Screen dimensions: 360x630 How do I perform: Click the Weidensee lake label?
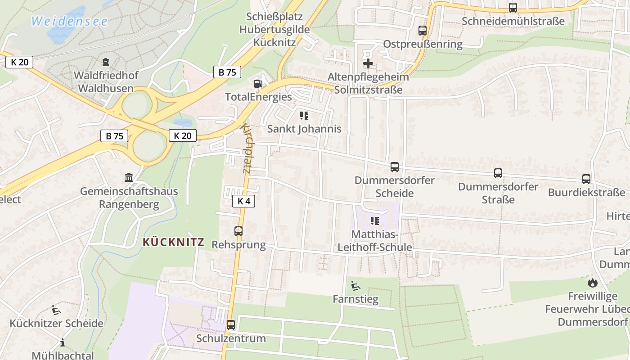70,21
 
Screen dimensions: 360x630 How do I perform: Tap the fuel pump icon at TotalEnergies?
258,83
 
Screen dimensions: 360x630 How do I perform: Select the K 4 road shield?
243,201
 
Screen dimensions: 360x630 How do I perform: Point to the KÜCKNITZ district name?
173,242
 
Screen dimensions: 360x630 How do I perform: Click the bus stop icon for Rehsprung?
238,231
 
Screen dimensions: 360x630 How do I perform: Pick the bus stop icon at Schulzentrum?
231,324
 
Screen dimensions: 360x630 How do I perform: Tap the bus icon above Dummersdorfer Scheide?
395,167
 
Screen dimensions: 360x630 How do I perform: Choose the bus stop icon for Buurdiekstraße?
586,179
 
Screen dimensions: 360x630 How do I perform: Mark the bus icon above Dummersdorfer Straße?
498,173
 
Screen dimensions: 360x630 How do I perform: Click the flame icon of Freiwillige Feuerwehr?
592,283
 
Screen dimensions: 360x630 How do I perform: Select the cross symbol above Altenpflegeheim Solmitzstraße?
368,63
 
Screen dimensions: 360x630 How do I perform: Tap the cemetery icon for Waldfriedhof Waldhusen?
106,62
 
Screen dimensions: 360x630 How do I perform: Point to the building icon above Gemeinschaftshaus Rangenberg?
129,178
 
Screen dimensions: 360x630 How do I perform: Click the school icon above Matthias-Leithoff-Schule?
374,221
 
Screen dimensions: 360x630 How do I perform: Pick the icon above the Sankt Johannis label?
304,116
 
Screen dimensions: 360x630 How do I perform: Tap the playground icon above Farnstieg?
355,285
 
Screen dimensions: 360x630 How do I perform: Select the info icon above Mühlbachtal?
63,342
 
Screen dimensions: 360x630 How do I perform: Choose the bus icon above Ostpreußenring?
423,31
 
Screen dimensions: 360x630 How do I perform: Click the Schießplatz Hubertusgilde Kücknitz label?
274,30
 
